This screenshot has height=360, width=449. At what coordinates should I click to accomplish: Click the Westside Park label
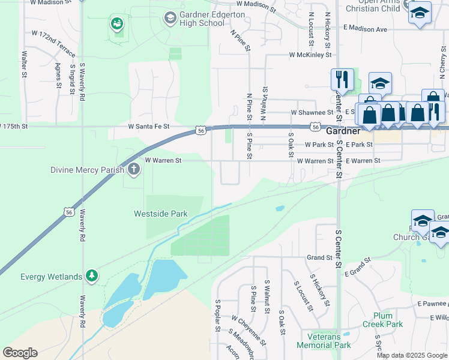(x=160, y=214)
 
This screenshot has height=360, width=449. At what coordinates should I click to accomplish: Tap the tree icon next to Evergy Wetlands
(x=91, y=276)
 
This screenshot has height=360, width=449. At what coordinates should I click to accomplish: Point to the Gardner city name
(x=343, y=130)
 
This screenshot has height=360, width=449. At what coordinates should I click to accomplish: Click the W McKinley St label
(x=310, y=55)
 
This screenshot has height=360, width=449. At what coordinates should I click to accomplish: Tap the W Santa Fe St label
(x=149, y=127)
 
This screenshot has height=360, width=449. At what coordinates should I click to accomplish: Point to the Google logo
(x=20, y=353)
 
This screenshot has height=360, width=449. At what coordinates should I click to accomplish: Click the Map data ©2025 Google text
(x=411, y=355)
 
